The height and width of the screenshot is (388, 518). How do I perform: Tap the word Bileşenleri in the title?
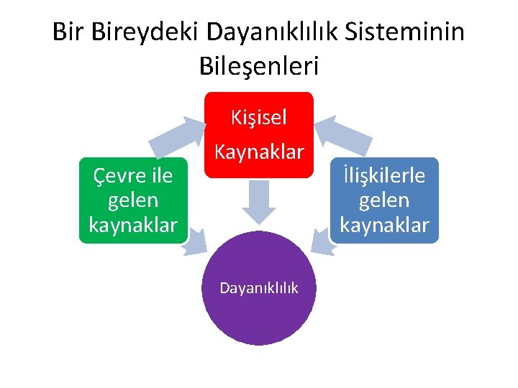point(258,66)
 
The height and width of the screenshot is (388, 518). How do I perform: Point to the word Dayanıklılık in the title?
point(276,32)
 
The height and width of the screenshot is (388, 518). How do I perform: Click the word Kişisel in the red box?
point(259,117)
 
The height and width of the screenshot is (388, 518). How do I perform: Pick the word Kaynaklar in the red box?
point(259,152)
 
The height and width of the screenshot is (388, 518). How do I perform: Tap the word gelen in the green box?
point(133,200)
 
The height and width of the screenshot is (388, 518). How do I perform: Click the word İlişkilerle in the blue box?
point(384,175)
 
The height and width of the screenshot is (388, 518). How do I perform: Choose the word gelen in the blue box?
point(384,200)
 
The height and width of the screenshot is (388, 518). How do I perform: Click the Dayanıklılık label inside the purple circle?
point(259,288)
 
